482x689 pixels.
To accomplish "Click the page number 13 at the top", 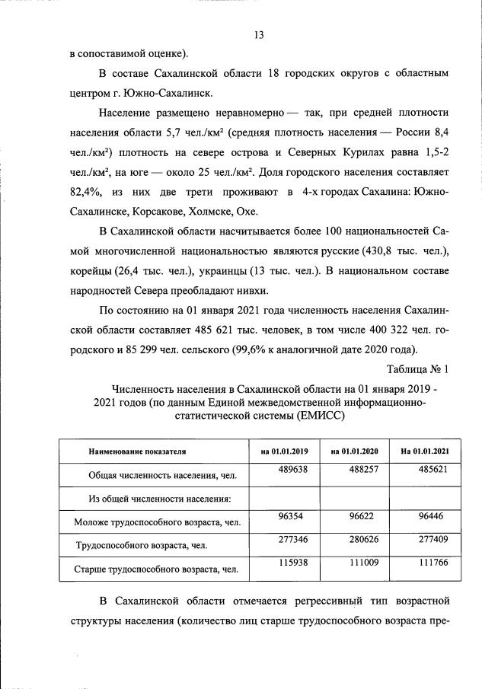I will pos(258,36).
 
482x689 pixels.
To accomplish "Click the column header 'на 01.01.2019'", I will pos(285,451).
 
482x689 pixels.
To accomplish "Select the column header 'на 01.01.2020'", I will pos(355,451).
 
